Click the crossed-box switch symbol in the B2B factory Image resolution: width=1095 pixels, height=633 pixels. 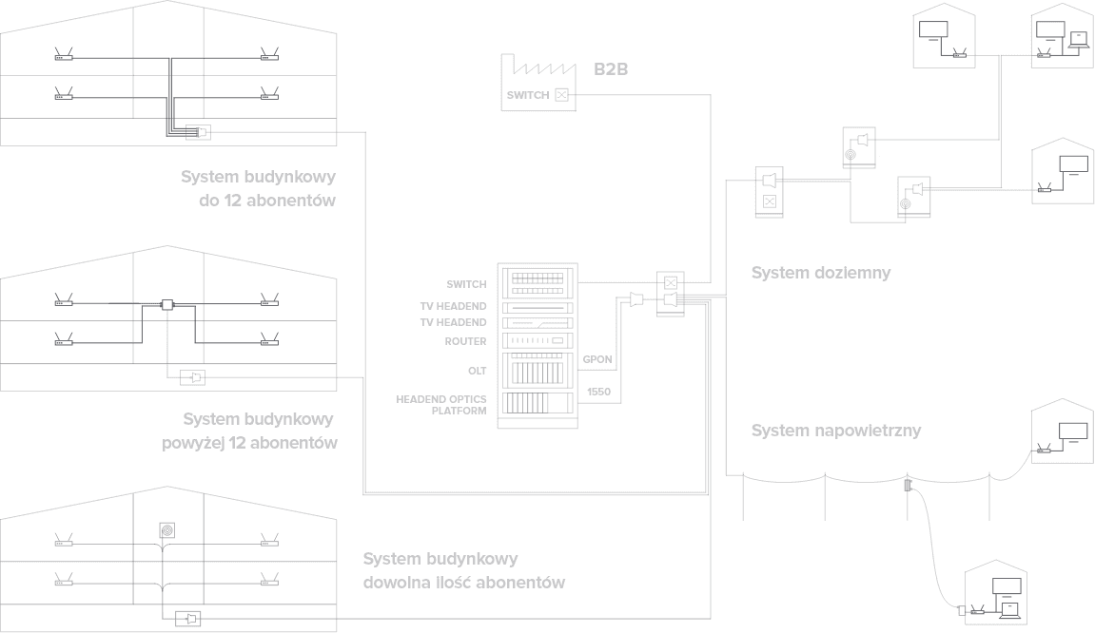coord(561,94)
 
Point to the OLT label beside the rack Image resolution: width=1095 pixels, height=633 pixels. coord(477,370)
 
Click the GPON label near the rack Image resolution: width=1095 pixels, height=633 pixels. coord(596,360)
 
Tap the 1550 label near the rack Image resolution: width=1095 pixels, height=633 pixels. coord(598,391)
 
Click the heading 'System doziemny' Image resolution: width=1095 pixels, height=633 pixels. coord(820,274)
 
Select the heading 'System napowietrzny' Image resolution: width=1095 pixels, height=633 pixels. coord(836,431)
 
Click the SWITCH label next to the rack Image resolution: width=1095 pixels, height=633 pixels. coord(466,283)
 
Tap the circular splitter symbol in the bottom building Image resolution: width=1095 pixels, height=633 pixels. coord(166,529)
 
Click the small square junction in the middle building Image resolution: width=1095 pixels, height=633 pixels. coord(166,304)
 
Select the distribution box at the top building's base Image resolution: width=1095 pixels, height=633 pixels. coord(199,131)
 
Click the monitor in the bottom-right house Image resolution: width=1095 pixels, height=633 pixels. coord(1006,586)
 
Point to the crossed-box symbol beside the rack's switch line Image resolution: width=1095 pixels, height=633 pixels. coord(671,282)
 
